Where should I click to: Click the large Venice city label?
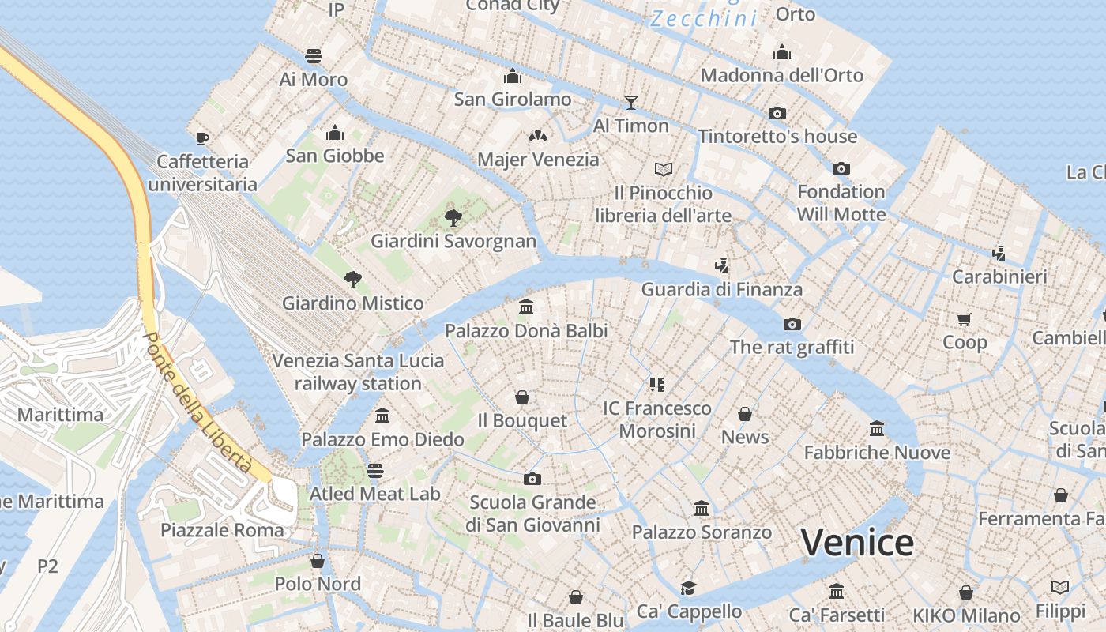[x=857, y=543]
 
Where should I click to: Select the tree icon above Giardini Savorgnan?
[x=453, y=217]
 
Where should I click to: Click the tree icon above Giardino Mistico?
[x=353, y=279]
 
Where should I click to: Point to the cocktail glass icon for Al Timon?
[x=630, y=102]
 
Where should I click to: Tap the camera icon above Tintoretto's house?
[x=777, y=113]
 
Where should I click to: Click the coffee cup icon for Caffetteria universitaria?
[x=202, y=138]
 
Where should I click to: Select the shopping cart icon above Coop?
[x=964, y=319]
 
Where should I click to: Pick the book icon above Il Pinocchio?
[x=664, y=169]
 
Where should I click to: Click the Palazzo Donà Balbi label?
[x=526, y=330]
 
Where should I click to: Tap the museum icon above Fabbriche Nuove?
[x=877, y=429]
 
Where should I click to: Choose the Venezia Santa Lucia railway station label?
[x=358, y=372]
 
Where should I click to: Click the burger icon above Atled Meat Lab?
[x=374, y=471]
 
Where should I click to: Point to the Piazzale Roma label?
[x=222, y=530]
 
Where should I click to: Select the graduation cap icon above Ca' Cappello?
[x=689, y=588]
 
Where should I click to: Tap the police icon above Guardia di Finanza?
[x=720, y=265]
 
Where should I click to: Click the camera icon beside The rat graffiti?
[x=792, y=324]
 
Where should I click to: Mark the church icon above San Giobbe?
[x=335, y=132]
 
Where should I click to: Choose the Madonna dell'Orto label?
[x=782, y=76]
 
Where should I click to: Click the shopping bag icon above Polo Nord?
[x=318, y=561]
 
